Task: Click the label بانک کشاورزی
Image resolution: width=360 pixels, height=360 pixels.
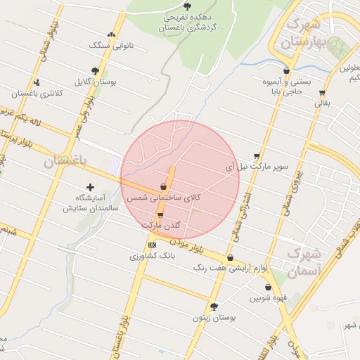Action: point(153,256)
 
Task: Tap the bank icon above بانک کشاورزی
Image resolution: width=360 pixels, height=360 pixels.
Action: point(152,244)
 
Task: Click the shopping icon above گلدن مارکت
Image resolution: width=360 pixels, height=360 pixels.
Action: point(160,215)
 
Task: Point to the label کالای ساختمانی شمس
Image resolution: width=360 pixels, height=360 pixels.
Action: point(163,198)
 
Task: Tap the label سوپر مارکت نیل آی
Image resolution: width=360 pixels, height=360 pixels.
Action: point(257,167)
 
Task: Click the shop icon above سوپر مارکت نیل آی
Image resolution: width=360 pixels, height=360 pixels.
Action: point(257,157)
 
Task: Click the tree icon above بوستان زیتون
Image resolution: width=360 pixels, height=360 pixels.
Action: point(214,307)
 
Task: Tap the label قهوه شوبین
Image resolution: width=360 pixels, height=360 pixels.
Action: point(267,298)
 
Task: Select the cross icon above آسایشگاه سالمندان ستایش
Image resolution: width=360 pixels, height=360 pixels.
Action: point(89,187)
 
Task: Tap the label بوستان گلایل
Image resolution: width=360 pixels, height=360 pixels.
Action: point(96,82)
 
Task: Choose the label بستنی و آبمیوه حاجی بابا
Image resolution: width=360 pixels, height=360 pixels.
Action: point(286,86)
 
